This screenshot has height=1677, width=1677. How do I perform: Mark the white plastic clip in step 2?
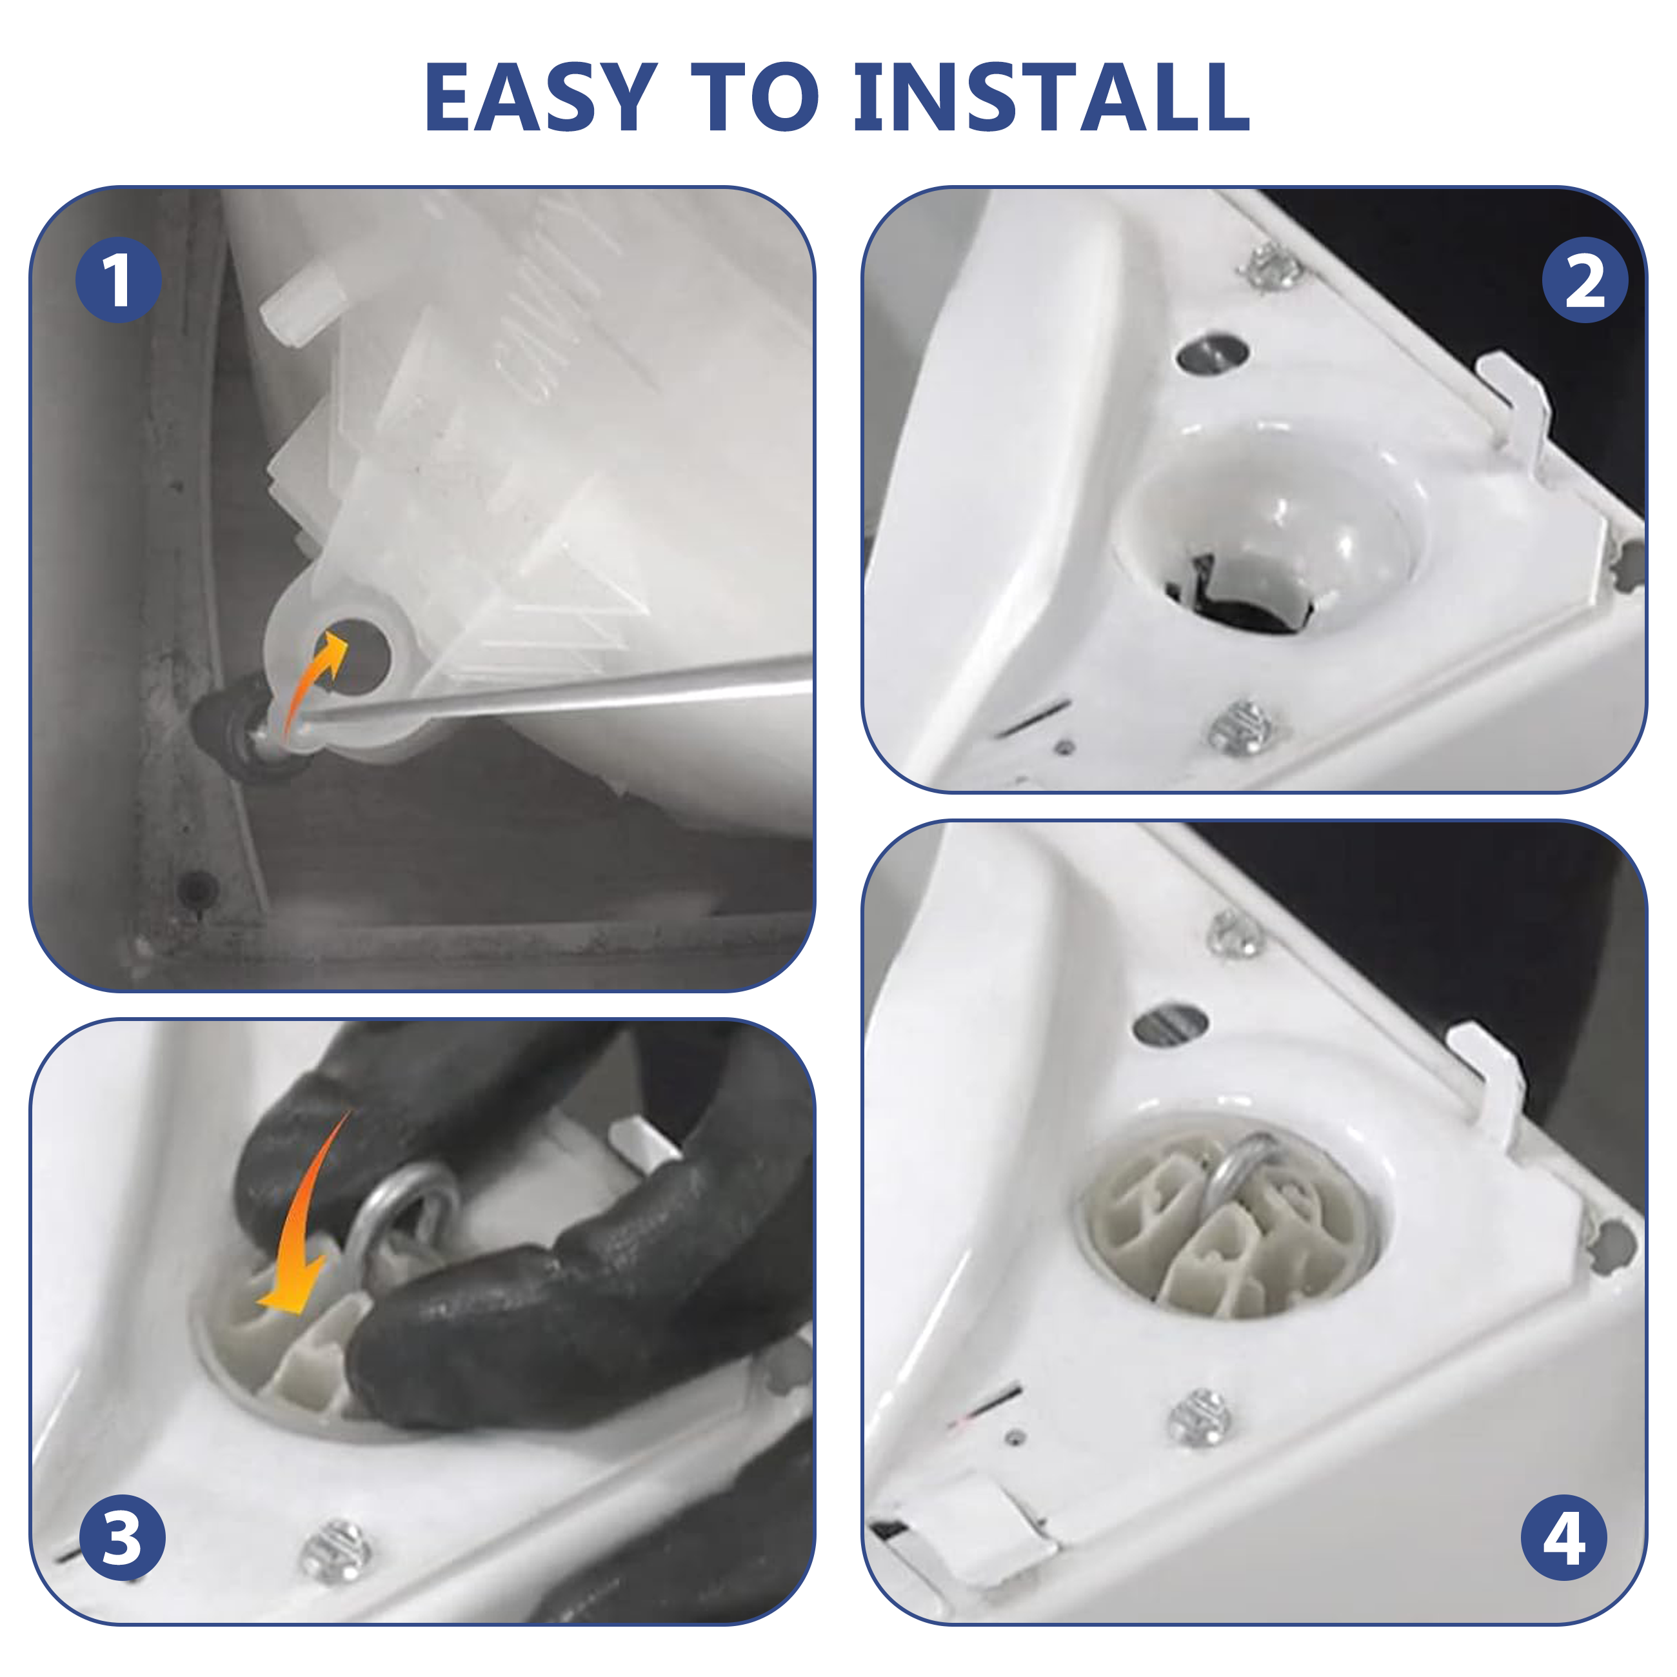click(x=1514, y=408)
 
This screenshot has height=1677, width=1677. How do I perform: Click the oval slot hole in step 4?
click(x=1171, y=1024)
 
